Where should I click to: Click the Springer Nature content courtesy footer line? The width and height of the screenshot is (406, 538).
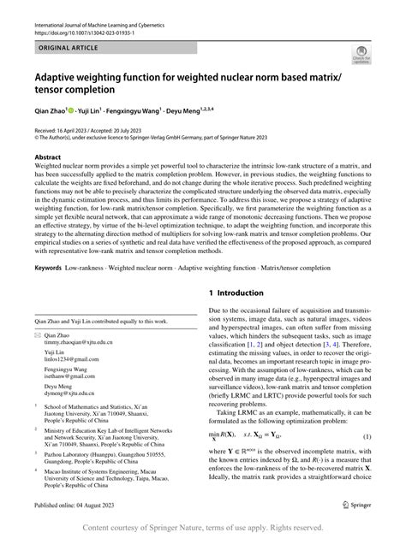point(203,529)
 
